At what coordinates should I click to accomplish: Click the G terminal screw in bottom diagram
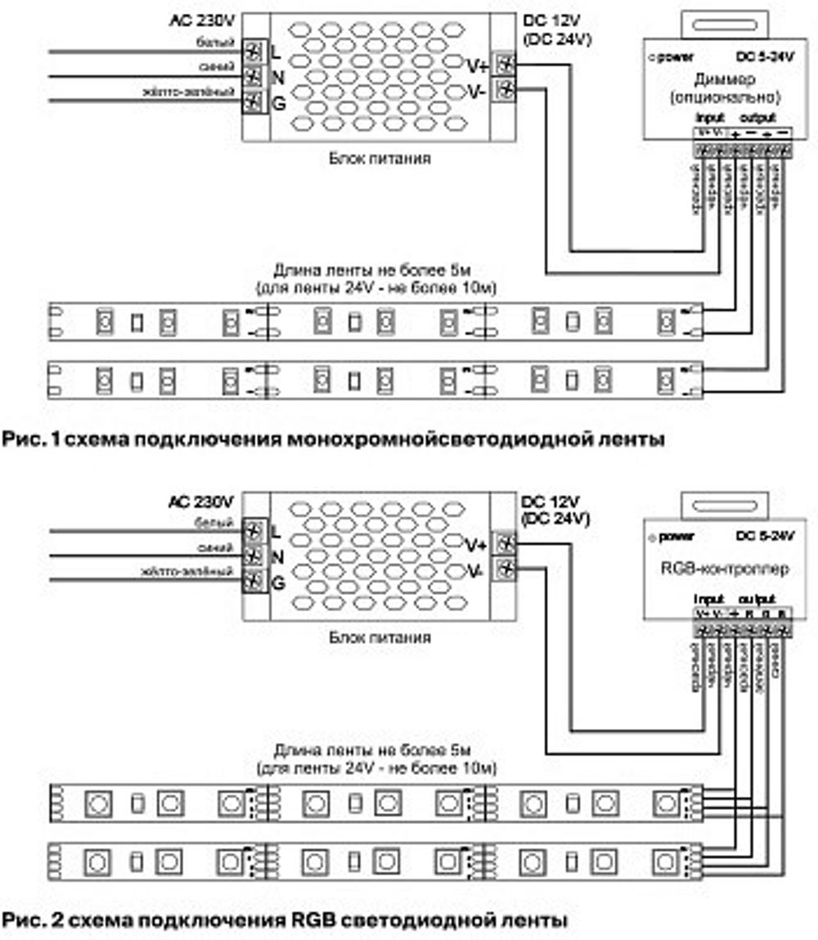(254, 582)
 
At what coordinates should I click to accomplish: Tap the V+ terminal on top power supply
(506, 65)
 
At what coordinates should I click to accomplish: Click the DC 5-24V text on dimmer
(764, 56)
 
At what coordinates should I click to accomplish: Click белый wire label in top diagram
(222, 43)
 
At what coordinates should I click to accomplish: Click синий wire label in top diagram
(222, 67)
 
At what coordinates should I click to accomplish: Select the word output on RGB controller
(758, 598)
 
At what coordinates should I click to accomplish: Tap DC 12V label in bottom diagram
(549, 501)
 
